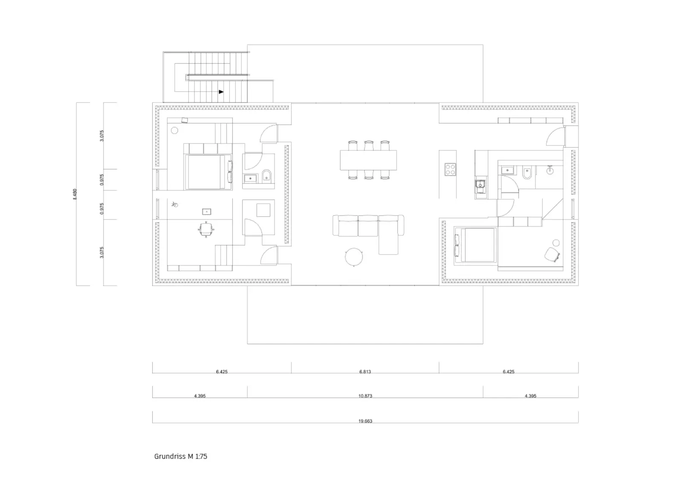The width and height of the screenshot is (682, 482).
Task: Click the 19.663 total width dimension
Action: tap(365, 421)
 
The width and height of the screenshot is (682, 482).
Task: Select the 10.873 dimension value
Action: tap(365, 396)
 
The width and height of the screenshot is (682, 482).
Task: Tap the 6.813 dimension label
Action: tap(365, 371)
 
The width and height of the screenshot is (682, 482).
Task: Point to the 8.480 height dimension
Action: tap(75, 194)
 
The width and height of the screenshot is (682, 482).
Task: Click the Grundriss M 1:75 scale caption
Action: tap(181, 456)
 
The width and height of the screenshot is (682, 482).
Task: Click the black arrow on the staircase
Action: tap(221, 92)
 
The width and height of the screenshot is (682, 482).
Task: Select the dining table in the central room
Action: tap(368, 160)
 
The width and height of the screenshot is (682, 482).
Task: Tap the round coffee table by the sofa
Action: tap(354, 257)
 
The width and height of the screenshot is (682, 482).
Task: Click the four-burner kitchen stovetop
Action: tap(450, 169)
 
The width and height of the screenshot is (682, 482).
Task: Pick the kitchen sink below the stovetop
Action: tap(480, 186)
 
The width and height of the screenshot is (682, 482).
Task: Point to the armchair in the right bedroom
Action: tap(552, 254)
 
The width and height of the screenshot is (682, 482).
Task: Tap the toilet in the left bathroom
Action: tap(266, 176)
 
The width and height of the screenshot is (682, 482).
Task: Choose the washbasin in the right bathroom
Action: tap(507, 170)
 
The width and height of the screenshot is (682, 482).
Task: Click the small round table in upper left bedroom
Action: tap(174, 130)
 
